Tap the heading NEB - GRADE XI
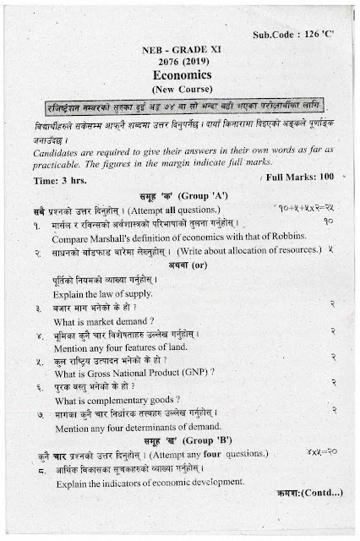coord(179,50)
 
